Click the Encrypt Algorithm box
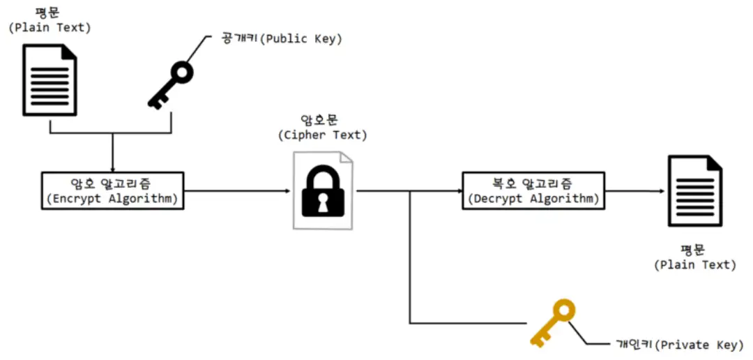point(112,190)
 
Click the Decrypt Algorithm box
point(533,190)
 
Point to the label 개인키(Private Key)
point(679,345)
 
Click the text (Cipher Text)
point(322,135)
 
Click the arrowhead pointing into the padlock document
point(287,190)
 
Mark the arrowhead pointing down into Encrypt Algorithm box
point(112,167)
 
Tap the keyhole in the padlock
point(323,203)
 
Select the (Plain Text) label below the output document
point(695,264)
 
